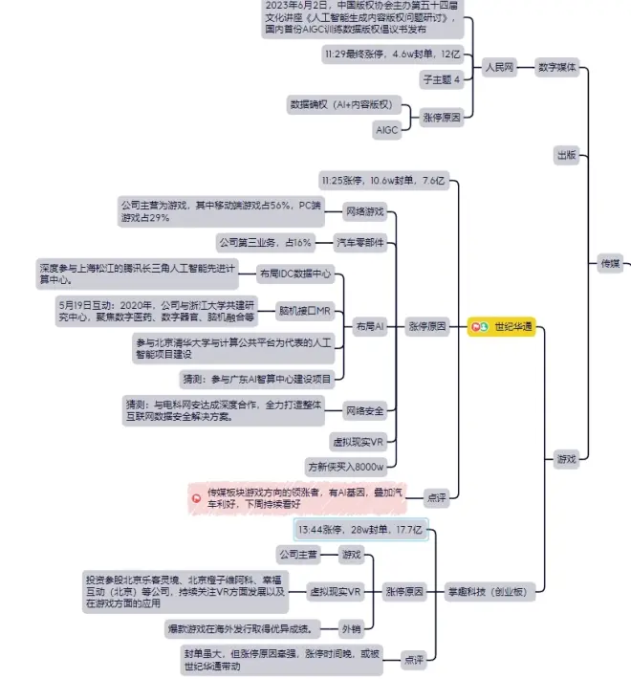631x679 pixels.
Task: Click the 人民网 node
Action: point(498,68)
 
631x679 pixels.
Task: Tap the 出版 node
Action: point(566,154)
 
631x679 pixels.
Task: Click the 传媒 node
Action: point(609,263)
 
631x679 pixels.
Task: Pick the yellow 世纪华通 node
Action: point(504,327)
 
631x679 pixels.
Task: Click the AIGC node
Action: point(386,129)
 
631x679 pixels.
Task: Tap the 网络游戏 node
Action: point(364,210)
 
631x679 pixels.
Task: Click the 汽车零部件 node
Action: point(360,243)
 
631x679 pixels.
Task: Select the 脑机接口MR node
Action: point(304,311)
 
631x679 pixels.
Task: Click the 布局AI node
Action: point(368,327)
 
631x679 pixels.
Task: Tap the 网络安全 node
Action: point(364,411)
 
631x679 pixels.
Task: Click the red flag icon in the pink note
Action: point(197,498)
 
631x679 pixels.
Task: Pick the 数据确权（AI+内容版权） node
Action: point(340,104)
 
